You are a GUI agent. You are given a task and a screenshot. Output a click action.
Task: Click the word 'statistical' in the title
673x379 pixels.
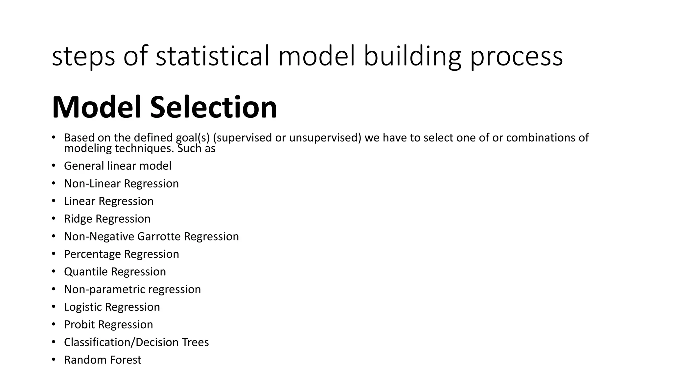point(213,56)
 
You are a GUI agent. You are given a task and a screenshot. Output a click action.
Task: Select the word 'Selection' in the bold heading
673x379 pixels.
point(214,107)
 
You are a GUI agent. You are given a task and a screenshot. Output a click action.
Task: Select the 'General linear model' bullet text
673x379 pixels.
point(118,166)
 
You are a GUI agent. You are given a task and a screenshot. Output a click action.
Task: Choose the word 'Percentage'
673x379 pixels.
point(92,254)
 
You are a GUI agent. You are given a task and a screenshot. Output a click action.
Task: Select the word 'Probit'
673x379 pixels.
point(79,325)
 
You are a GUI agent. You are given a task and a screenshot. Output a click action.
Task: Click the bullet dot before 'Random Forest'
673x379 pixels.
point(54,359)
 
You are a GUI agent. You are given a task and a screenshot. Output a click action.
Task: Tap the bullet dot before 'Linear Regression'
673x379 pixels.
point(54,201)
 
